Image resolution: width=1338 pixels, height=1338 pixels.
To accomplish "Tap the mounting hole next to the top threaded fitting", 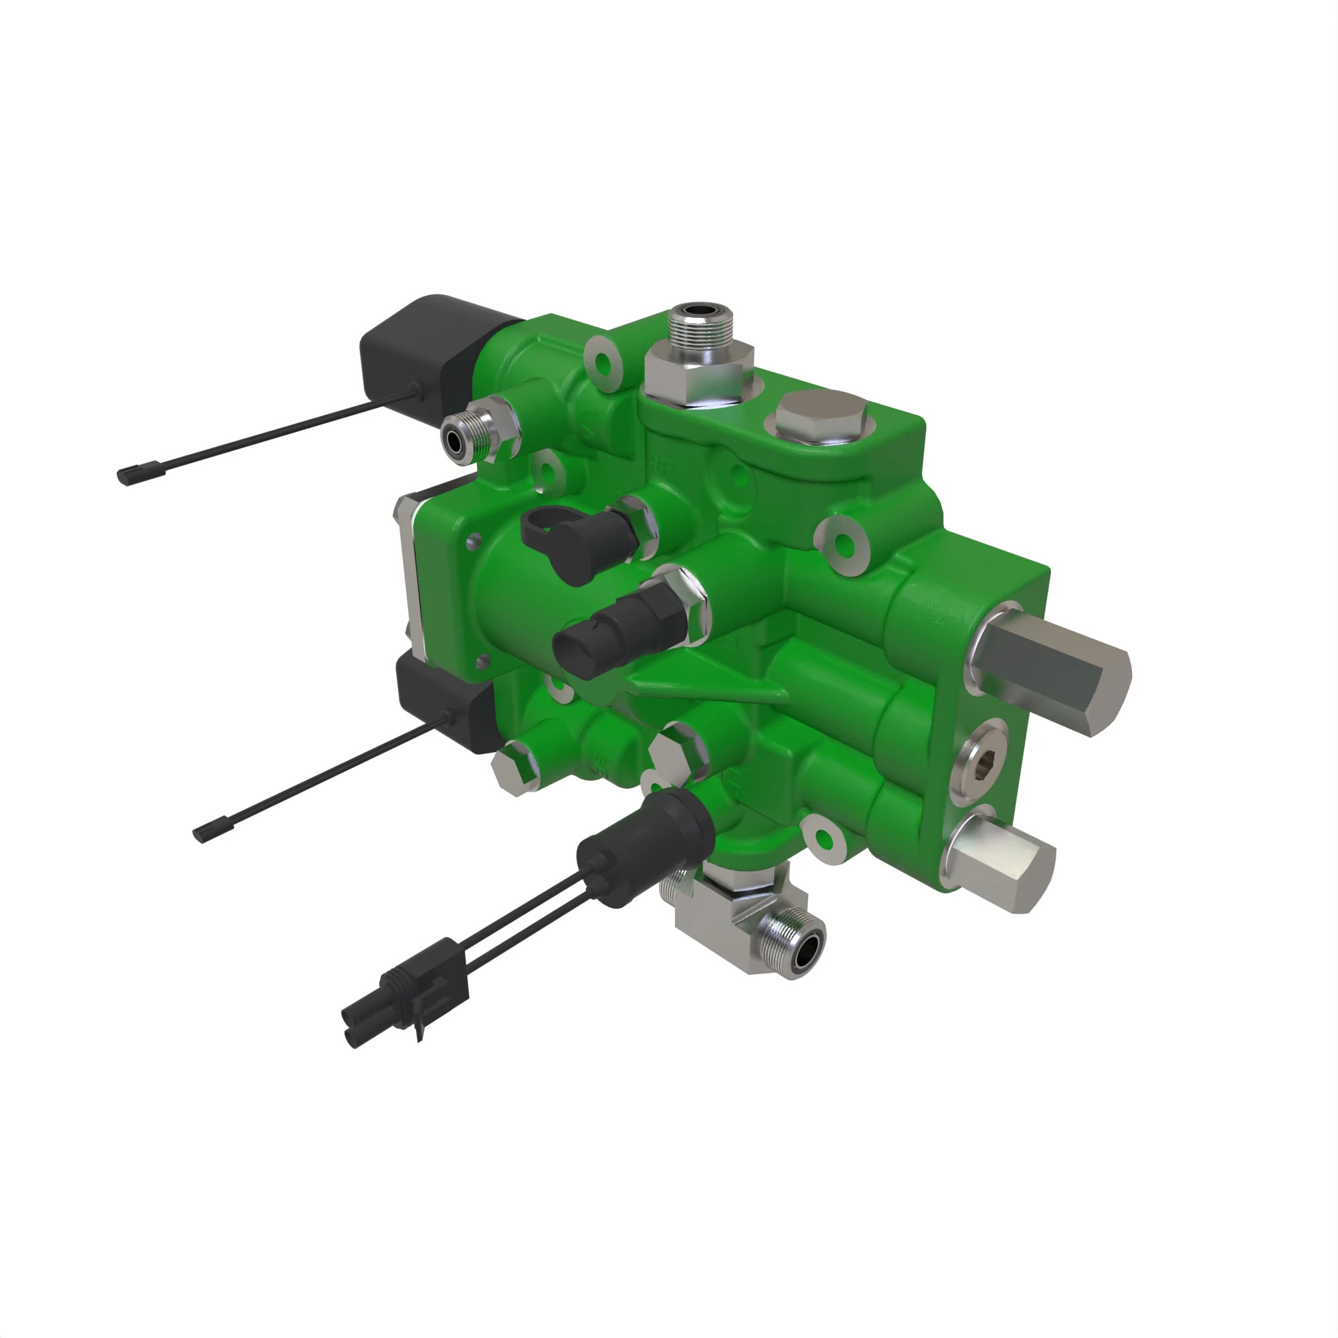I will (605, 363).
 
